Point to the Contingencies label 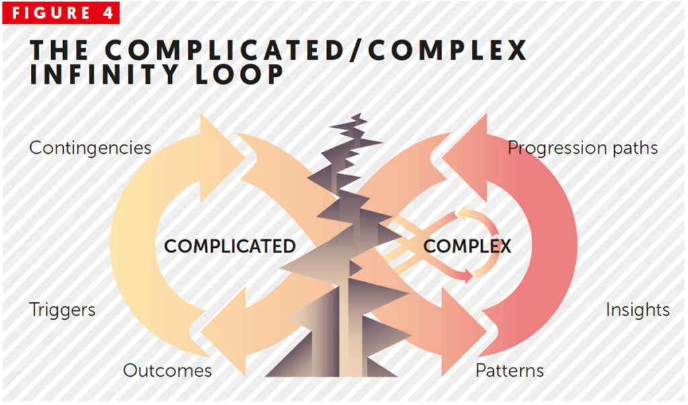(x=90, y=148)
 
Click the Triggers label (x=62, y=310)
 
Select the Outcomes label (x=167, y=370)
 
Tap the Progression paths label (x=583, y=148)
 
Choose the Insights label (x=638, y=310)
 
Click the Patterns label (x=509, y=370)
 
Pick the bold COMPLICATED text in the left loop (x=230, y=246)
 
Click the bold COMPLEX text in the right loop (x=467, y=246)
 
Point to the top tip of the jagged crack (x=361, y=116)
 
